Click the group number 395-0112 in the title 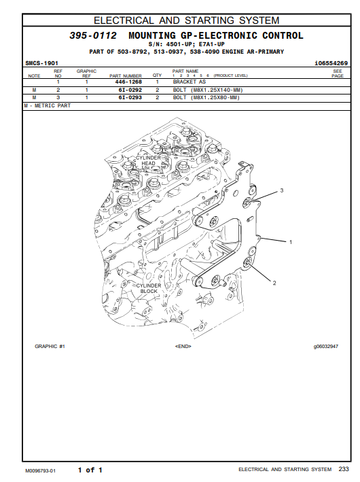click(x=93, y=35)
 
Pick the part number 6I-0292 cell click(x=130, y=90)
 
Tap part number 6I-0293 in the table click(x=130, y=97)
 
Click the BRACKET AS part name click(x=190, y=82)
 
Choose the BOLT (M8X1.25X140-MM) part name click(x=208, y=90)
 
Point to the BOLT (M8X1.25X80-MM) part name click(x=206, y=97)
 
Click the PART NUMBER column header click(x=126, y=75)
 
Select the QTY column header click(x=157, y=75)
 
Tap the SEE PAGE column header click(x=338, y=73)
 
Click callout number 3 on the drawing click(x=282, y=190)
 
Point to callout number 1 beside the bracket click(x=291, y=242)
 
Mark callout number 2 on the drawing click(x=274, y=283)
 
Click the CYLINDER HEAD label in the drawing click(x=148, y=160)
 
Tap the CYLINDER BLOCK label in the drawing click(x=149, y=288)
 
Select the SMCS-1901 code click(x=41, y=63)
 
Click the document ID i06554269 click(x=331, y=63)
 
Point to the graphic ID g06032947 click(x=325, y=347)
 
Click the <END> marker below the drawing click(x=183, y=347)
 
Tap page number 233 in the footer click(x=344, y=469)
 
